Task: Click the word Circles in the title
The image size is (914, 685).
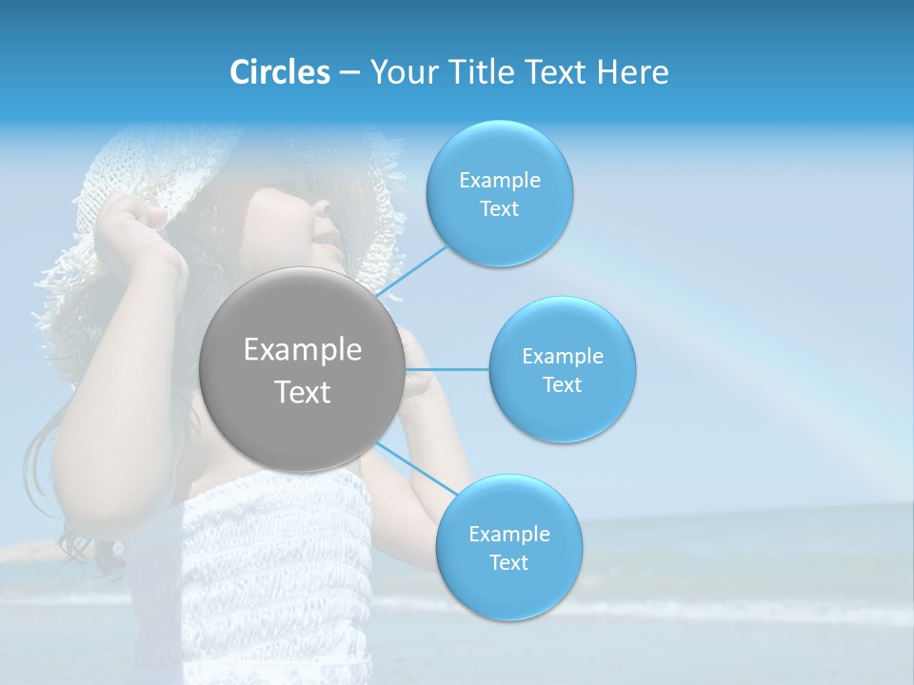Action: [x=280, y=72]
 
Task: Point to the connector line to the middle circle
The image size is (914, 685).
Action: [x=447, y=369]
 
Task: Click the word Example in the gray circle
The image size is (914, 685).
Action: [x=302, y=350]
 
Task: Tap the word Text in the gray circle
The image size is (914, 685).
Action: [x=302, y=392]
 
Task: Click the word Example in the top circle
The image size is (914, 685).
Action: [x=499, y=180]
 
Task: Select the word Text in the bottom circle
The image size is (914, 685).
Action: [x=508, y=562]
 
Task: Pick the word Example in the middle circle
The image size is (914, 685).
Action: [x=562, y=356]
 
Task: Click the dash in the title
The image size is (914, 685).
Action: [x=349, y=72]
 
